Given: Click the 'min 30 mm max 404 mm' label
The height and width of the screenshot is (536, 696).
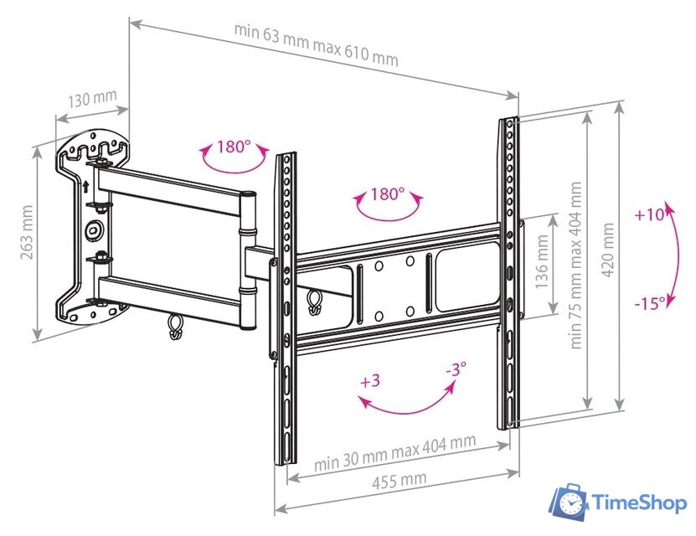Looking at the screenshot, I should (394, 451).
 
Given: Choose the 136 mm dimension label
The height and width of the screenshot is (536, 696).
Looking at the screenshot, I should (543, 262).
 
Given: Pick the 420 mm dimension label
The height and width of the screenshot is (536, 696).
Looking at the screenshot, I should (607, 254).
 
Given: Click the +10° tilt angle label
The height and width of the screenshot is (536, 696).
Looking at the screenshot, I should (649, 214).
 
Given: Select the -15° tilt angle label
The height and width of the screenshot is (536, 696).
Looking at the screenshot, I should (648, 302).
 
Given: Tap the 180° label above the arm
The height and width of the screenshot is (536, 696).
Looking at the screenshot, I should (235, 147).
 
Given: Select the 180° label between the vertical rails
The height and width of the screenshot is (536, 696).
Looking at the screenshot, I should (387, 194).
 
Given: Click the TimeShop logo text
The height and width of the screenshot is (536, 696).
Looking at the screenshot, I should (639, 502).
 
